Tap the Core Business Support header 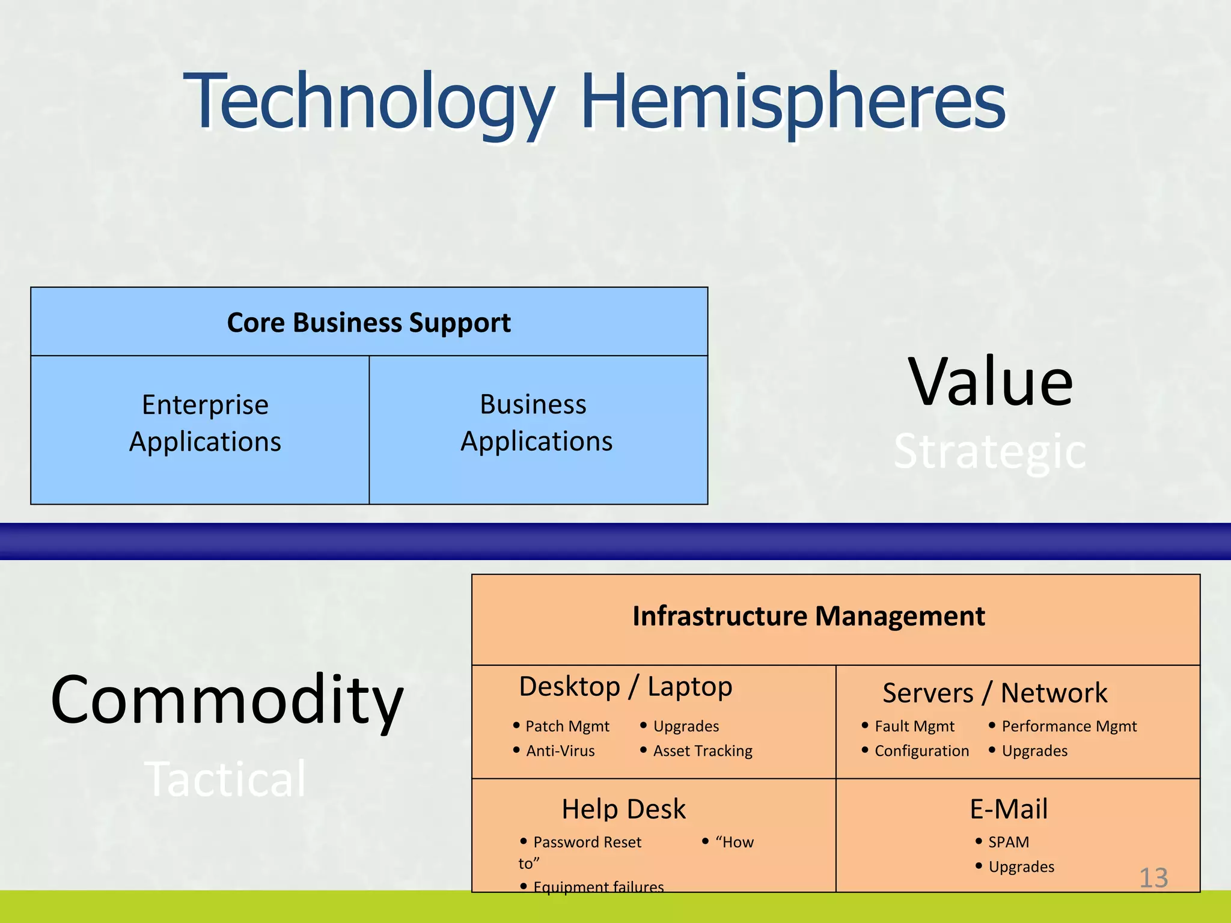(368, 323)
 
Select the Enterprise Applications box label (205, 423)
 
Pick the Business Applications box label (536, 422)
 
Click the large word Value (990, 382)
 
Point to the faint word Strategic (990, 452)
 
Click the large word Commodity (227, 700)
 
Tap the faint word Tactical (226, 779)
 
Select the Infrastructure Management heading (808, 617)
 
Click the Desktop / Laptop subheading (625, 687)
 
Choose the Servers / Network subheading (995, 693)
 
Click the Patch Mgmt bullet (567, 727)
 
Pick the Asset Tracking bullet (702, 751)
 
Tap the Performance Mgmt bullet (1069, 727)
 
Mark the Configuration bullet (921, 751)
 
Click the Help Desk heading (623, 809)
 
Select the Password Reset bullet (587, 842)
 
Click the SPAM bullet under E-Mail (1008, 842)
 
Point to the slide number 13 (1153, 879)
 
